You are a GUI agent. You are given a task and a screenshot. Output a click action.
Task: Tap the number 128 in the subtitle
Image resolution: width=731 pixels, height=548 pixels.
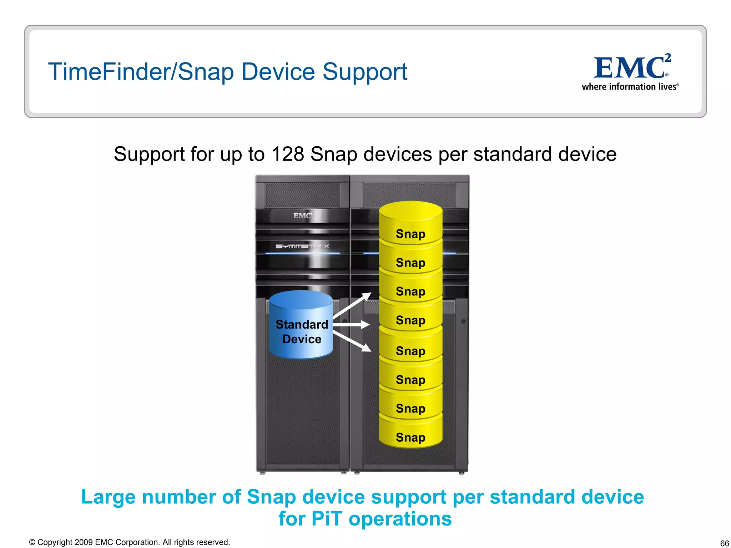coord(288,154)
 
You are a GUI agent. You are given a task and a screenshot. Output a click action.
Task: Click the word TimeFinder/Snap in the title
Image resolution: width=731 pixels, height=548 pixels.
coord(141,72)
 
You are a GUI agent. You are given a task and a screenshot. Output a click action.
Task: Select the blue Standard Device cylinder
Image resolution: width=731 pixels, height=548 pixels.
coord(301,325)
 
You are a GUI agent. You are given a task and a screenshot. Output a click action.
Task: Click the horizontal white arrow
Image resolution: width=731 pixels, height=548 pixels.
coord(352,325)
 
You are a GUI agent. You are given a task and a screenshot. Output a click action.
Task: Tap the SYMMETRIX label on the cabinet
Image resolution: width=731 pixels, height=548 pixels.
coord(302,246)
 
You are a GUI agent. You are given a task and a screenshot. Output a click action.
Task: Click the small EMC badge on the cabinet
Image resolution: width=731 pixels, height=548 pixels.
coord(302,215)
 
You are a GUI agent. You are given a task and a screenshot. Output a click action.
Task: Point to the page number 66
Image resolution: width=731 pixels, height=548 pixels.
coord(724,543)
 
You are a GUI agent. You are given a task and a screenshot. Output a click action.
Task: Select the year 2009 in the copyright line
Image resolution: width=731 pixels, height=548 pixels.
coord(84,542)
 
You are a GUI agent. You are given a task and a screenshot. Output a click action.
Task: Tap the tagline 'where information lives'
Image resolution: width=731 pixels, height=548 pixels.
coord(630,87)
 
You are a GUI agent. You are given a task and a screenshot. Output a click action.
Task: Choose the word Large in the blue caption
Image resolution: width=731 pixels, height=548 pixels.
coord(109,497)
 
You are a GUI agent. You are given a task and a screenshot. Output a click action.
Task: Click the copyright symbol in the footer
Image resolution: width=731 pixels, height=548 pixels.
coord(32,542)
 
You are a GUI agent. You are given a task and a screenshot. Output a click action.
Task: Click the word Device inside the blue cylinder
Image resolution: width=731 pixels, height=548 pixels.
coord(302,339)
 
